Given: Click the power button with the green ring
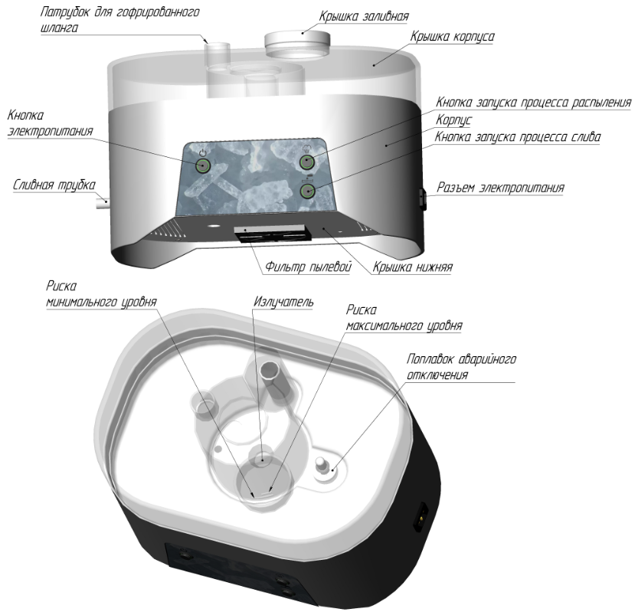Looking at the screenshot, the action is pos(202,165).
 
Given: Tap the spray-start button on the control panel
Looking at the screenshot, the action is pos(307,162).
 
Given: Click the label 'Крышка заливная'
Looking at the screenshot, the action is pos(364,17).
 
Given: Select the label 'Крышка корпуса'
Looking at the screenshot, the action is pos(453,37).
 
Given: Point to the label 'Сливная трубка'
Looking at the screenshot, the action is pos(54,185).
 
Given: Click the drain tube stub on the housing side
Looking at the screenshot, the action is pos(103,201).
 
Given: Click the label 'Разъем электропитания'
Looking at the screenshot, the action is pos(500,188).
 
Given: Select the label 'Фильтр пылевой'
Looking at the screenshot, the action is pos(308,267).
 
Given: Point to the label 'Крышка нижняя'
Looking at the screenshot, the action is pos(412,267).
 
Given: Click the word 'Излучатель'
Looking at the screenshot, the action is pos(283,302).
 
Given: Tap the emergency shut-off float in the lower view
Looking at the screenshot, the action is pos(323,466).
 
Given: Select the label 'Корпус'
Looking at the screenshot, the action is pos(454,120).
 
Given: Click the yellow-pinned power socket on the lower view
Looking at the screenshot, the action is pos(421,517).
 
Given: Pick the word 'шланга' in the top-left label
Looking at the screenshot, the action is pos(59,28).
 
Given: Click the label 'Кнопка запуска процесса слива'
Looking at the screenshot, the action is pos(518,137).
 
